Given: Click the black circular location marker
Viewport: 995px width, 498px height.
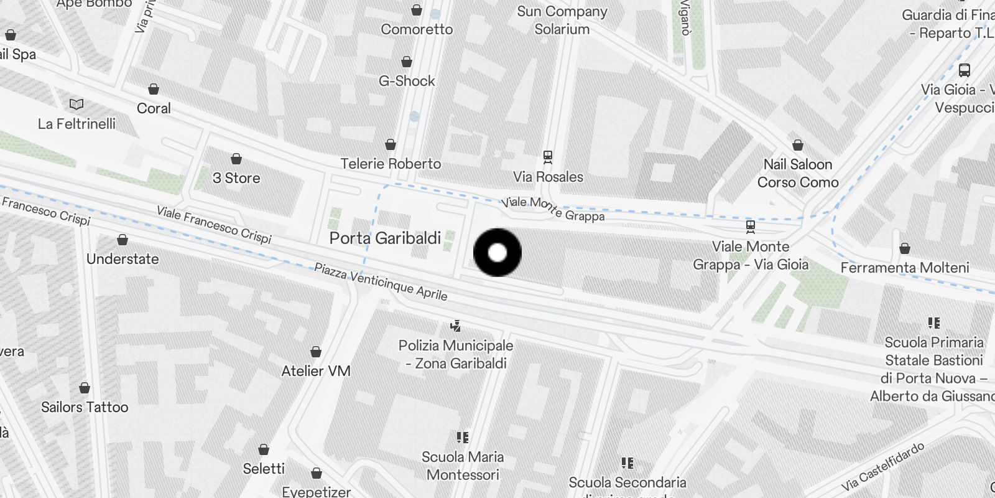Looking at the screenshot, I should click(x=497, y=253).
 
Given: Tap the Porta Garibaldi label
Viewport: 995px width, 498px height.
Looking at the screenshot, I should click(x=385, y=238).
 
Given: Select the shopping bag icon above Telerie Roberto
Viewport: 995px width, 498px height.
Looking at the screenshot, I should click(x=391, y=144).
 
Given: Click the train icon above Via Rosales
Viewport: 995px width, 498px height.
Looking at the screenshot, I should click(x=548, y=156).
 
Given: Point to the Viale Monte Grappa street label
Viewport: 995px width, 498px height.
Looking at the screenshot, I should click(x=553, y=209).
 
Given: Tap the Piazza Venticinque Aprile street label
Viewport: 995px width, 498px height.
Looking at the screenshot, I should click(x=380, y=281).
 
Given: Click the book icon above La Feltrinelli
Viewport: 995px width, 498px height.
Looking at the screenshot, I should click(x=76, y=105).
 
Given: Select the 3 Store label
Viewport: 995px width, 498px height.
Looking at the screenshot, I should click(x=236, y=178).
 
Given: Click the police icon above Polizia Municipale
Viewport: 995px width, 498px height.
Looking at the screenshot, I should click(x=456, y=326).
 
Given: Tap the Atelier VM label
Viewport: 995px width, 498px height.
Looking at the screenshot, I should click(x=316, y=371).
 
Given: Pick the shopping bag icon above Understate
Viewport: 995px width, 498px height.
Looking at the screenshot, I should click(x=123, y=240).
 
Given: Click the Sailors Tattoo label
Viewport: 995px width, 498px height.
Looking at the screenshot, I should click(x=85, y=407).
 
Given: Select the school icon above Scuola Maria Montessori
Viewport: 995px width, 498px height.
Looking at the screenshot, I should click(x=462, y=438).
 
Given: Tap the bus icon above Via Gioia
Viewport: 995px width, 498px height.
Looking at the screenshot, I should click(x=965, y=70).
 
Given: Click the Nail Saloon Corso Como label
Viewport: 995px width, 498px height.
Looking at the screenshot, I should click(x=798, y=173).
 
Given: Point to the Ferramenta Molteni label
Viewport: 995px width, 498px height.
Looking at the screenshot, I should click(x=905, y=268).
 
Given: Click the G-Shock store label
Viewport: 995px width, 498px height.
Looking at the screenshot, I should click(x=407, y=81).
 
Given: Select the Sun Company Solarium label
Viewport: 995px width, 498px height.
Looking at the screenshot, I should click(x=562, y=20).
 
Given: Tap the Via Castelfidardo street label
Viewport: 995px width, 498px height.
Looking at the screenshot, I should click(x=882, y=467).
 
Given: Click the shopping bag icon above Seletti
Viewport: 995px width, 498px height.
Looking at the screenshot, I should click(x=264, y=449).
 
